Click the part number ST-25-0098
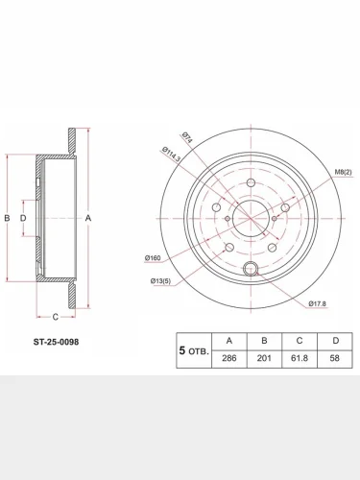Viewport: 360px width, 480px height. [x=56, y=342]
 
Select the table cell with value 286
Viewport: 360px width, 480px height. [x=229, y=358]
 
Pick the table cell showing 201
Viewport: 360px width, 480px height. [x=264, y=358]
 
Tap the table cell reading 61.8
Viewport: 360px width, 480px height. [x=300, y=358]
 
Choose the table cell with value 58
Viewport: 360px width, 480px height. [x=335, y=358]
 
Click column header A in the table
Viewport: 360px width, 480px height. [x=229, y=341]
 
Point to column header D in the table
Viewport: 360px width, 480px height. [x=335, y=341]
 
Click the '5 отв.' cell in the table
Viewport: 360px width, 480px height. [x=194, y=350]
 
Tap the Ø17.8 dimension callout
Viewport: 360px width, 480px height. [x=317, y=303]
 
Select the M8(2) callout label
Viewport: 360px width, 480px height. [x=343, y=172]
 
